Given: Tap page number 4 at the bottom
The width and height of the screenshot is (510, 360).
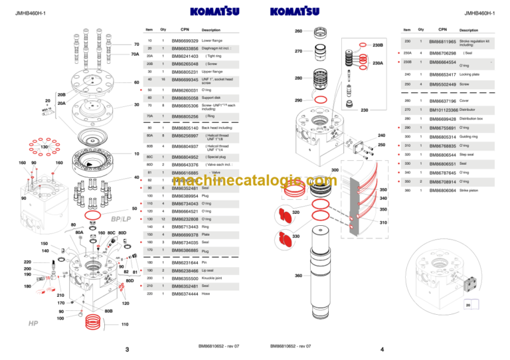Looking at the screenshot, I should (x=382, y=349).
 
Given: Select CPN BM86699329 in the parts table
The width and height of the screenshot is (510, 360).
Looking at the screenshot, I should (x=185, y=41).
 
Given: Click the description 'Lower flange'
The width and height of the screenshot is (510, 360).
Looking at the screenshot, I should (x=212, y=41).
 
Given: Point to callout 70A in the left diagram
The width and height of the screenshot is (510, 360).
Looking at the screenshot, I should (x=135, y=54).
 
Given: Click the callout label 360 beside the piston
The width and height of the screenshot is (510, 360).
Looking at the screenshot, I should (x=298, y=276).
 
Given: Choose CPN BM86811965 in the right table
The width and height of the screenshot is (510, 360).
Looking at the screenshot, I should (x=442, y=42).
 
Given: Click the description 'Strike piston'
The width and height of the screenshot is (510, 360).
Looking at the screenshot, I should (x=471, y=191).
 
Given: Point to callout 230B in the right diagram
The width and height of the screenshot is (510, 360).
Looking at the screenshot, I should (x=378, y=45).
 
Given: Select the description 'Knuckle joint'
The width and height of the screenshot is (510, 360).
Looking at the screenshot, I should (x=213, y=278).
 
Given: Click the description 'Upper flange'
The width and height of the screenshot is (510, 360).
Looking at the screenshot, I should (x=212, y=71).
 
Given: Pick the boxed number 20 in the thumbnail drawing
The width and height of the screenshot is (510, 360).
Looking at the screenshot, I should (x=467, y=304).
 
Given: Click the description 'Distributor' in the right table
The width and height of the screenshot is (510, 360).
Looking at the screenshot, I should (x=471, y=110).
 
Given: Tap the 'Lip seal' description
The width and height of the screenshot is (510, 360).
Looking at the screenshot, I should (x=209, y=270).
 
